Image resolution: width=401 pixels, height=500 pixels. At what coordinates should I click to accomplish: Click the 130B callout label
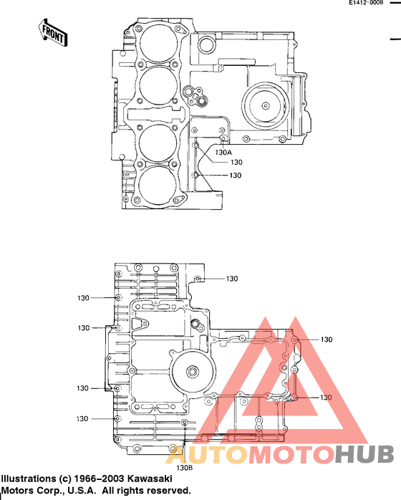point(185,467)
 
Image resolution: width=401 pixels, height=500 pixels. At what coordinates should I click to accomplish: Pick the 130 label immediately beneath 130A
point(236,163)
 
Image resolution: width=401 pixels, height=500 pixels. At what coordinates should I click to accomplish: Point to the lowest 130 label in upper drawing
point(235,176)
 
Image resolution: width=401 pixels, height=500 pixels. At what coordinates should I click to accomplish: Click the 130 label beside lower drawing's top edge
point(232,279)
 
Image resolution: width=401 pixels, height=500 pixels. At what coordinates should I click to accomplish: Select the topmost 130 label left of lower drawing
point(83,297)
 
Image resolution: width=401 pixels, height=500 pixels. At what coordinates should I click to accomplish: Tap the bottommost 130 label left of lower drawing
point(83,418)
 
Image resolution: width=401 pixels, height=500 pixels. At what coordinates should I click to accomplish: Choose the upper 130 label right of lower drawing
point(327,340)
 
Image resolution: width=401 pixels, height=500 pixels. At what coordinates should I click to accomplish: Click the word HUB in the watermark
point(364,453)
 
